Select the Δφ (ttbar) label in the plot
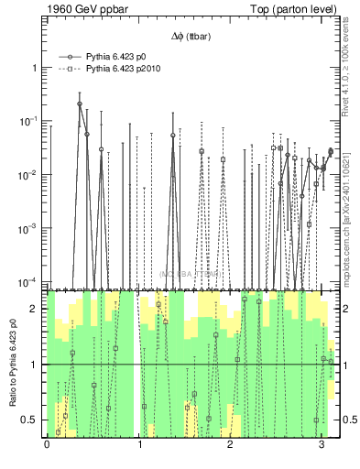click(189, 36)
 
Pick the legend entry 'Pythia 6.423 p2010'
click(124, 68)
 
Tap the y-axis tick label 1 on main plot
click(36, 68)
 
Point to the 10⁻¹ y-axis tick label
click(30, 121)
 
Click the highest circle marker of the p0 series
click(80, 104)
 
